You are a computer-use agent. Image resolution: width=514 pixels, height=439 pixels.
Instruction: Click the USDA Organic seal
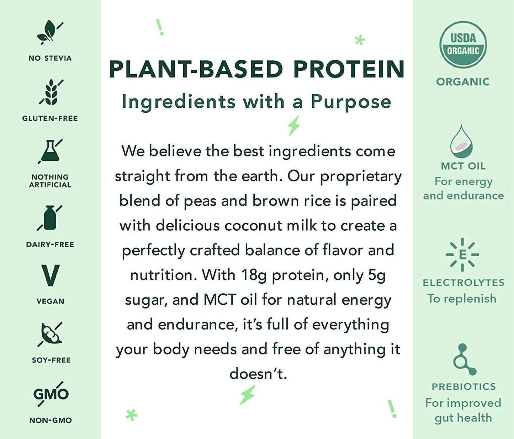point(463,44)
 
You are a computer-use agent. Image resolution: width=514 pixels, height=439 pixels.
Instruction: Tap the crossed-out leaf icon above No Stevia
point(49,32)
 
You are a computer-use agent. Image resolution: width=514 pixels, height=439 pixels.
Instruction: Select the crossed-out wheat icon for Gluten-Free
point(51,92)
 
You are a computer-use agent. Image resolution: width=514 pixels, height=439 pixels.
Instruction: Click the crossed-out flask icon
point(50,151)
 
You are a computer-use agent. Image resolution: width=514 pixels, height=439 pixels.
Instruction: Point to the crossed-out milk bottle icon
point(50,218)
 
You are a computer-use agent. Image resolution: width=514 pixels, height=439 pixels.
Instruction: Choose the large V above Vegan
point(50,275)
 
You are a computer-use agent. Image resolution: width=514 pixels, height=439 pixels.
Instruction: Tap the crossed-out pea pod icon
point(51,334)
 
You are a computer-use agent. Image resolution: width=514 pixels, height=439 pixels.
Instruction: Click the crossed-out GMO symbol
point(51,394)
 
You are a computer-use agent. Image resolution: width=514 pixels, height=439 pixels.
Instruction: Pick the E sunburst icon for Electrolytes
point(462,255)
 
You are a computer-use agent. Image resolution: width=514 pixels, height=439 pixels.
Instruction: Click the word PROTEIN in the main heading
point(349,69)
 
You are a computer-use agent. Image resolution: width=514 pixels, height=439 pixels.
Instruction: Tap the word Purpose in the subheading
point(351,102)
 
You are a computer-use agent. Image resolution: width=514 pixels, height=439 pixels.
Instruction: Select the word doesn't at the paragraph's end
point(258,374)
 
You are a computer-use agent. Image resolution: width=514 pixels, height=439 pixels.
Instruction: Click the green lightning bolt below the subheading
point(294,125)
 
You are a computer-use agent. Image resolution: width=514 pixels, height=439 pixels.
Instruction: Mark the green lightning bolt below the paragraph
point(247,395)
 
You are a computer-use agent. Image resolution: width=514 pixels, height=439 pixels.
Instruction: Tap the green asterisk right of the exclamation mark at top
point(360,40)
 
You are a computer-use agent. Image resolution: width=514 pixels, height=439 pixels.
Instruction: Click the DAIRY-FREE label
point(50,245)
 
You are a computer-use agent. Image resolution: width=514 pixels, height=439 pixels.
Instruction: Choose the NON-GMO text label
point(51,420)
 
